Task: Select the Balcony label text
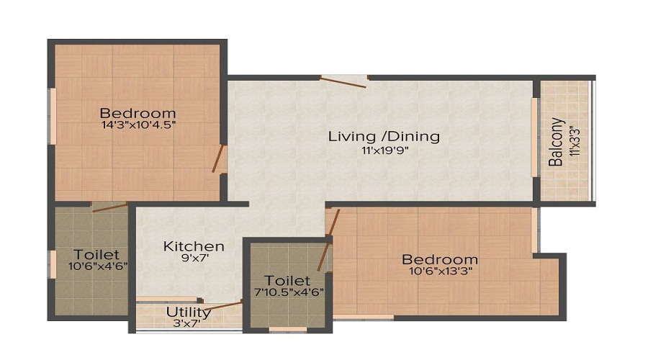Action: click(556, 142)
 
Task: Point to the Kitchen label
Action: click(194, 246)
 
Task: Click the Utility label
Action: click(189, 312)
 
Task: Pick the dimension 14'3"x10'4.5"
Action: click(138, 125)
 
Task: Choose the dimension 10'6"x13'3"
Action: click(439, 271)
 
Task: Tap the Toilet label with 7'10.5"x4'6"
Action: click(287, 280)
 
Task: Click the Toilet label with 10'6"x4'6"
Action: click(96, 254)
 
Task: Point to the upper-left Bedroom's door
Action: click(219, 158)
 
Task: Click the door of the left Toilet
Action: click(109, 207)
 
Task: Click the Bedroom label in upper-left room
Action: click(138, 113)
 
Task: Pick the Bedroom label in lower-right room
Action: click(439, 259)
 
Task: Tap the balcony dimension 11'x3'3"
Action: click(573, 142)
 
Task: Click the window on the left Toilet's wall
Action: click(52, 264)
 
